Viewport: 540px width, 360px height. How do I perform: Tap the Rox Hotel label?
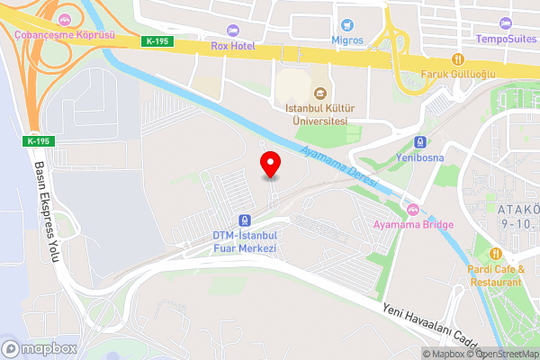(232, 45)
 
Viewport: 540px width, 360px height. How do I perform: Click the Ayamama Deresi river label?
(339, 165)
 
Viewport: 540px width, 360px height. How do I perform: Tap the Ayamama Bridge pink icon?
(414, 211)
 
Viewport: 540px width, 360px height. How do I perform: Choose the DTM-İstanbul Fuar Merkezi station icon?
(244, 220)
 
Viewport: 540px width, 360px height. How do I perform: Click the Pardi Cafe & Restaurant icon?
(495, 253)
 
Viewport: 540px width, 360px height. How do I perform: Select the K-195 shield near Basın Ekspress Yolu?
(39, 141)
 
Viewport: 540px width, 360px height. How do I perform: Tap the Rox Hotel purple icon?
(232, 31)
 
